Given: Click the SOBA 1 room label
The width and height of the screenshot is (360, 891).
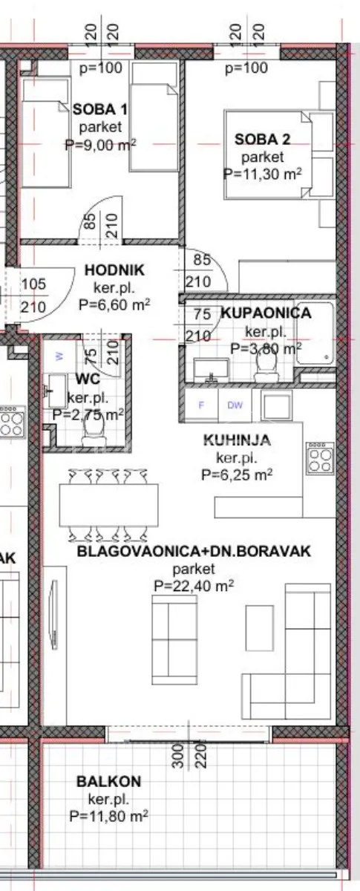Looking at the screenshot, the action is click(x=100, y=109).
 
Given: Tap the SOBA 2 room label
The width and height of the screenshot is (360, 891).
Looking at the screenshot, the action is click(x=263, y=140).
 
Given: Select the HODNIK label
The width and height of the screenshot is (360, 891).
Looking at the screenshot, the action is click(x=114, y=270).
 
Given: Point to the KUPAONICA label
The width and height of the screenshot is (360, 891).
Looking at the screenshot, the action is click(x=266, y=313).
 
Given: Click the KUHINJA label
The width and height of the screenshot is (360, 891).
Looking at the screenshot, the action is click(x=237, y=440).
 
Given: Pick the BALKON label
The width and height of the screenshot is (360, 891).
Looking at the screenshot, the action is click(x=108, y=782).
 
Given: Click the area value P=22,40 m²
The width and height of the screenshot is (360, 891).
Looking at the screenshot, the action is click(x=194, y=586).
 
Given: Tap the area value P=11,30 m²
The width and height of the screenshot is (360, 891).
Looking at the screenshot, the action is click(x=263, y=174).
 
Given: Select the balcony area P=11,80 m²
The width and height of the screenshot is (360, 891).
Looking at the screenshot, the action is click(x=108, y=816).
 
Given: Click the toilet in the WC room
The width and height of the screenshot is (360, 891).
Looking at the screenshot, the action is click(x=94, y=433).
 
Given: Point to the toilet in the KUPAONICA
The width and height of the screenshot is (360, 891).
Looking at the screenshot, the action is click(x=266, y=367).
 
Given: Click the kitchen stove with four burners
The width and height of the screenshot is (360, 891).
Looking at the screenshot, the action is click(x=320, y=459).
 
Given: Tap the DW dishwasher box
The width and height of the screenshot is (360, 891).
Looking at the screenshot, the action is click(x=235, y=405).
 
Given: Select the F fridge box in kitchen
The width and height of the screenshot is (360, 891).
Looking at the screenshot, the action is click(x=201, y=405).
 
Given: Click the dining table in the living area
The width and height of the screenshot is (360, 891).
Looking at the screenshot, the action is click(x=108, y=505).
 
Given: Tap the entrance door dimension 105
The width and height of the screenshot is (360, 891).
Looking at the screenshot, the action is click(x=34, y=284).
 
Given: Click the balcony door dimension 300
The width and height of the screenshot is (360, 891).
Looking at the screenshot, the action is click(x=179, y=755).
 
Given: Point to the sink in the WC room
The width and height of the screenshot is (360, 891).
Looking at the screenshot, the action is click(x=57, y=391).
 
